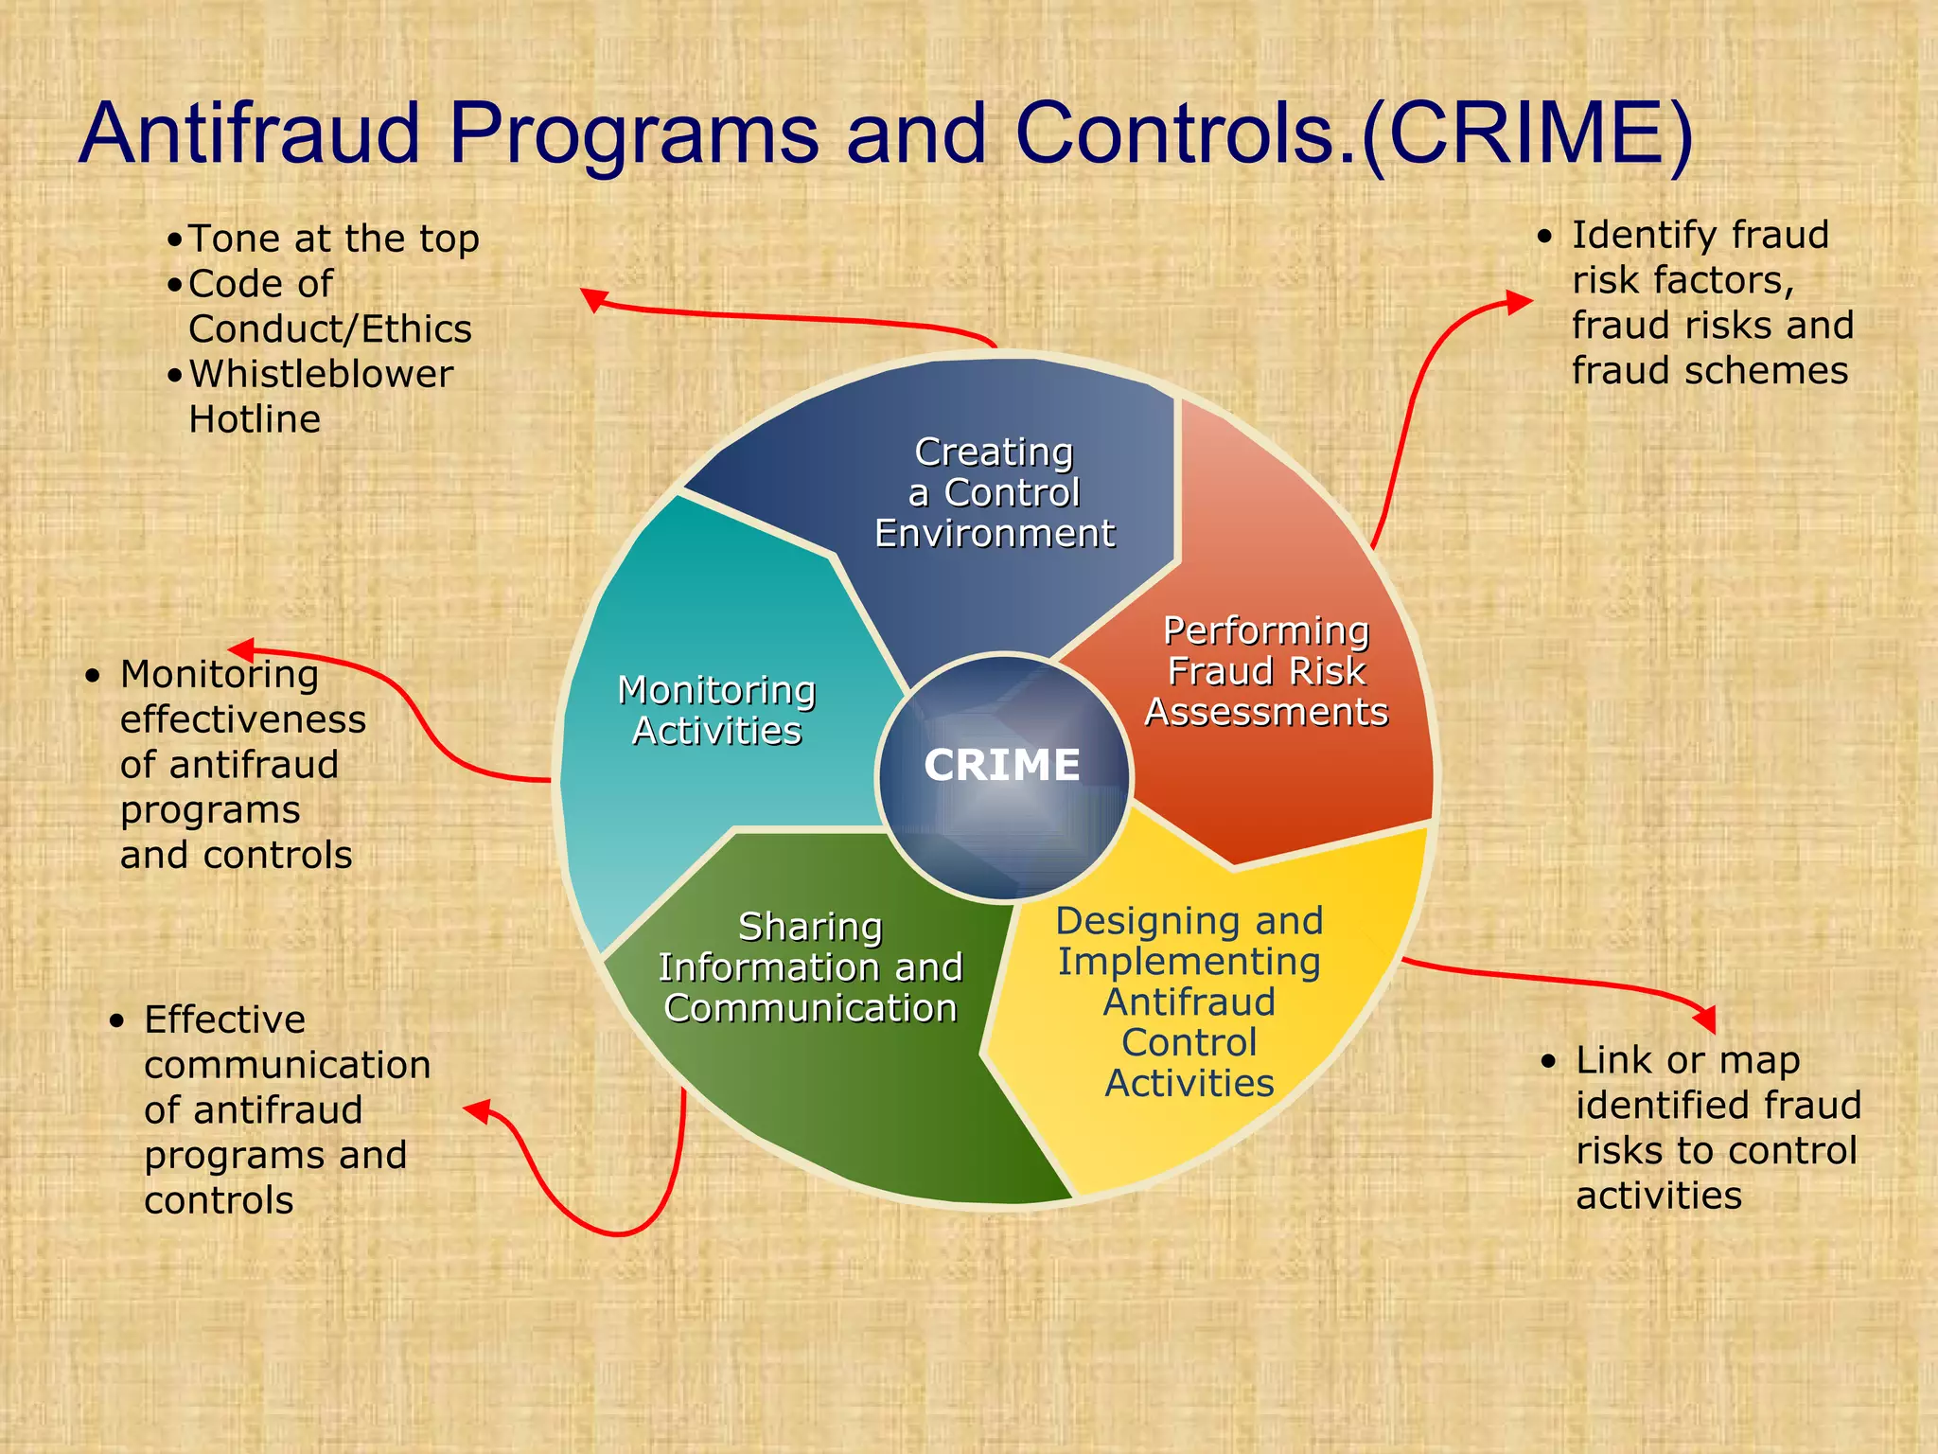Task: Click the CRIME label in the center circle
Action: (x=1001, y=765)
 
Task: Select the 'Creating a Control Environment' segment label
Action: (x=994, y=492)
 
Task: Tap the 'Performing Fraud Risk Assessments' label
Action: (x=1266, y=671)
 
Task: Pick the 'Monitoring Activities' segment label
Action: (x=716, y=710)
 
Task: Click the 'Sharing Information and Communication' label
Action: (x=810, y=967)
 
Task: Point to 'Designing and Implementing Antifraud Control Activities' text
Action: (x=1189, y=1002)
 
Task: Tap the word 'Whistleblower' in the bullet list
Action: (x=321, y=374)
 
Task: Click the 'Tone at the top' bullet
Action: (x=333, y=239)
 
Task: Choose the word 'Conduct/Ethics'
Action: (x=329, y=329)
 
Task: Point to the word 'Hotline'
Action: (x=255, y=419)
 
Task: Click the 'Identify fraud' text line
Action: (x=1700, y=235)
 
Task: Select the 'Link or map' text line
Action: (x=1687, y=1060)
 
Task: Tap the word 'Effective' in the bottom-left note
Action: (x=224, y=1020)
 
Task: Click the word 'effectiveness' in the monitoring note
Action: (x=242, y=719)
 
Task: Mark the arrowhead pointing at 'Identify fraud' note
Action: (x=1518, y=302)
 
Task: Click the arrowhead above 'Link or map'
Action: (x=1704, y=1019)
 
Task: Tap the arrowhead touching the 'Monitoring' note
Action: (x=242, y=649)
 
